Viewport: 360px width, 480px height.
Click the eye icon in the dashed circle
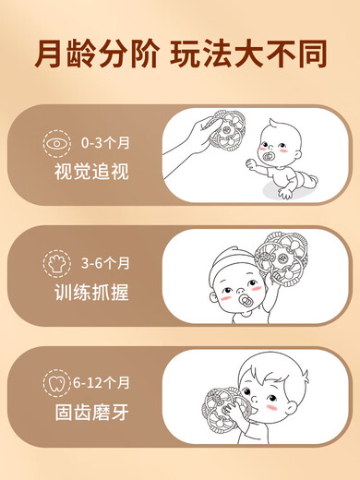tap(57, 144)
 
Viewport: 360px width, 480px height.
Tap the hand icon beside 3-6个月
tap(57, 263)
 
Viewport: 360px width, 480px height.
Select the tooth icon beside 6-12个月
tap(57, 383)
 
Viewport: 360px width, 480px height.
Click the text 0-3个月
tap(105, 143)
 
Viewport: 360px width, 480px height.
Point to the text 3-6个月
tap(105, 263)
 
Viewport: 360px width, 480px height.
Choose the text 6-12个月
tap(102, 383)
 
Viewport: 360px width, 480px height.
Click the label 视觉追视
tap(91, 172)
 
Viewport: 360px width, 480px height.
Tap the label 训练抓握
tap(91, 292)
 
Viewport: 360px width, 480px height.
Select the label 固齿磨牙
tap(91, 413)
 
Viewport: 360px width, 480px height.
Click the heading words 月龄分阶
tap(97, 54)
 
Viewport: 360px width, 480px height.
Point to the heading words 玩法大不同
tap(248, 54)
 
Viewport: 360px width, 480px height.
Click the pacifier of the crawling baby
tap(268, 156)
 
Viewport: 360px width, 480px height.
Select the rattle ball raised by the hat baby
tap(281, 258)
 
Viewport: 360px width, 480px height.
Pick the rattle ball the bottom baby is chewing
tap(223, 408)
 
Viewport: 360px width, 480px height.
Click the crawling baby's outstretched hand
tap(252, 164)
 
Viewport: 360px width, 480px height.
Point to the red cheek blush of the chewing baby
tap(271, 408)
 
